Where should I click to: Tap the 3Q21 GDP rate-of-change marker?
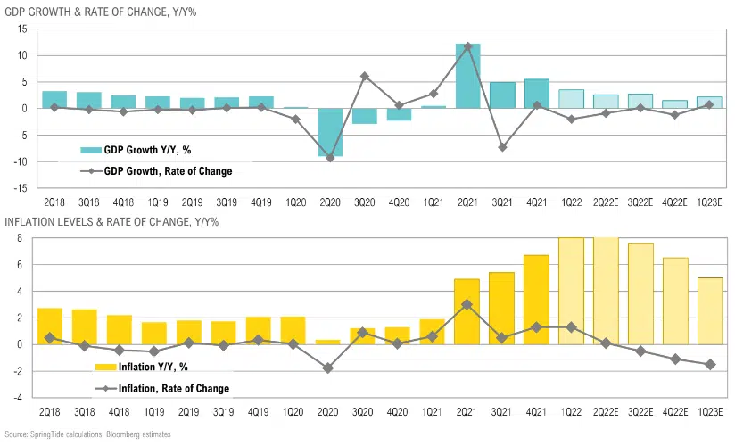pos(502,147)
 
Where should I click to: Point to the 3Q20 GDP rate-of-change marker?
pos(365,76)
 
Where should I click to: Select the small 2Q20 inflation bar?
pos(327,342)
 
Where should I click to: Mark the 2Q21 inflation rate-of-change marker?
pos(467,304)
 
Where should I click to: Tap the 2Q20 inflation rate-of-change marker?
pos(327,368)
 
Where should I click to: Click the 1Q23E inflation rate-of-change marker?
pos(711,364)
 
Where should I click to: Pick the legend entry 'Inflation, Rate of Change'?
pos(161,388)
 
